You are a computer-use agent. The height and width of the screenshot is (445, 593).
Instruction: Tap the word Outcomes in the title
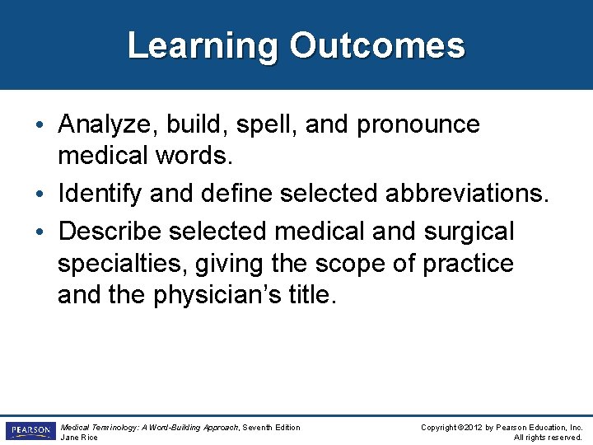376,46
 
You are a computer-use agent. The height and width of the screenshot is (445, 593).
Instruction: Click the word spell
255,125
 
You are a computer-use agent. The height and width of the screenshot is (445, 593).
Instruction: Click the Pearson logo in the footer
30,431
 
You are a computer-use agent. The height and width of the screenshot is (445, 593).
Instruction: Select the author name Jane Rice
79,438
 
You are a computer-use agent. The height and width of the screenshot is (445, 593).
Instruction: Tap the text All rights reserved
548,438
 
